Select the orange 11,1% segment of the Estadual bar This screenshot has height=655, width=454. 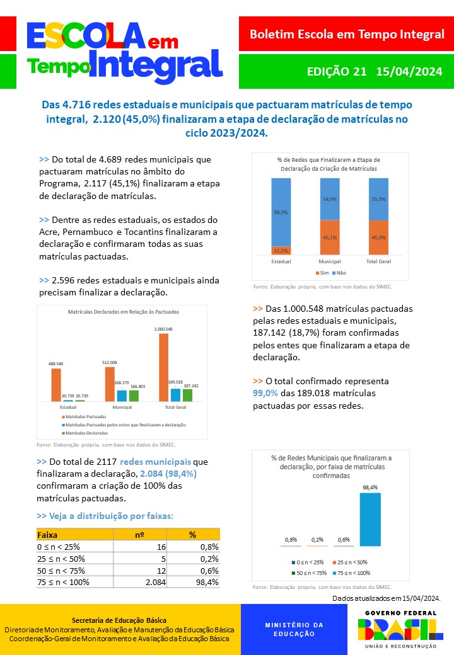click(x=281, y=250)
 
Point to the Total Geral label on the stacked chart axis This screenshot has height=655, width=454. click(x=378, y=261)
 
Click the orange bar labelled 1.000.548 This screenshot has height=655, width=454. click(x=164, y=367)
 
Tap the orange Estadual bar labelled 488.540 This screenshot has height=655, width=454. click(x=56, y=385)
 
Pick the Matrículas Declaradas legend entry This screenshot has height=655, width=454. click(x=86, y=433)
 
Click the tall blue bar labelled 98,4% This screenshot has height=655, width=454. click(x=370, y=519)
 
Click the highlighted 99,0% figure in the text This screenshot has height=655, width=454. click(x=265, y=393)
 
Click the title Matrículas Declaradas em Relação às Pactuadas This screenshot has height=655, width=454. click(x=123, y=312)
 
